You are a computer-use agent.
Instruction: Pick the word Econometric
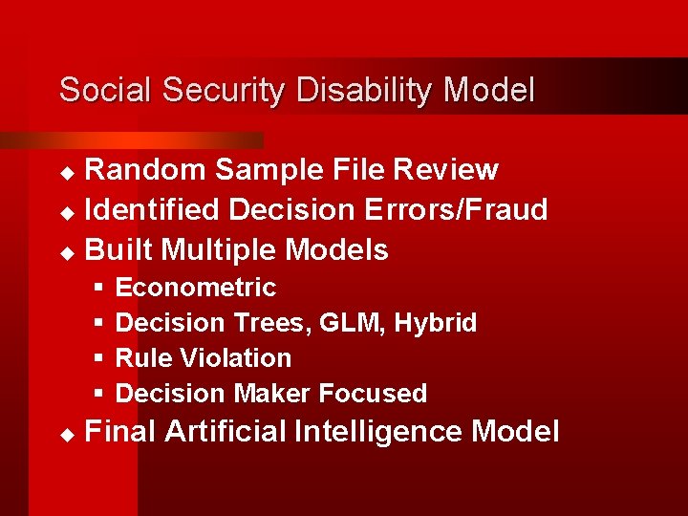coord(195,288)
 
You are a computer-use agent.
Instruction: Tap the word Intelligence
coord(379,432)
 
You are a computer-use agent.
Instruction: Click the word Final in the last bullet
coord(120,432)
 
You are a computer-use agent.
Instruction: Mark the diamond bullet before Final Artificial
coord(66,434)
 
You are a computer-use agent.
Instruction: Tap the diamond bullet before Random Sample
coord(66,172)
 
